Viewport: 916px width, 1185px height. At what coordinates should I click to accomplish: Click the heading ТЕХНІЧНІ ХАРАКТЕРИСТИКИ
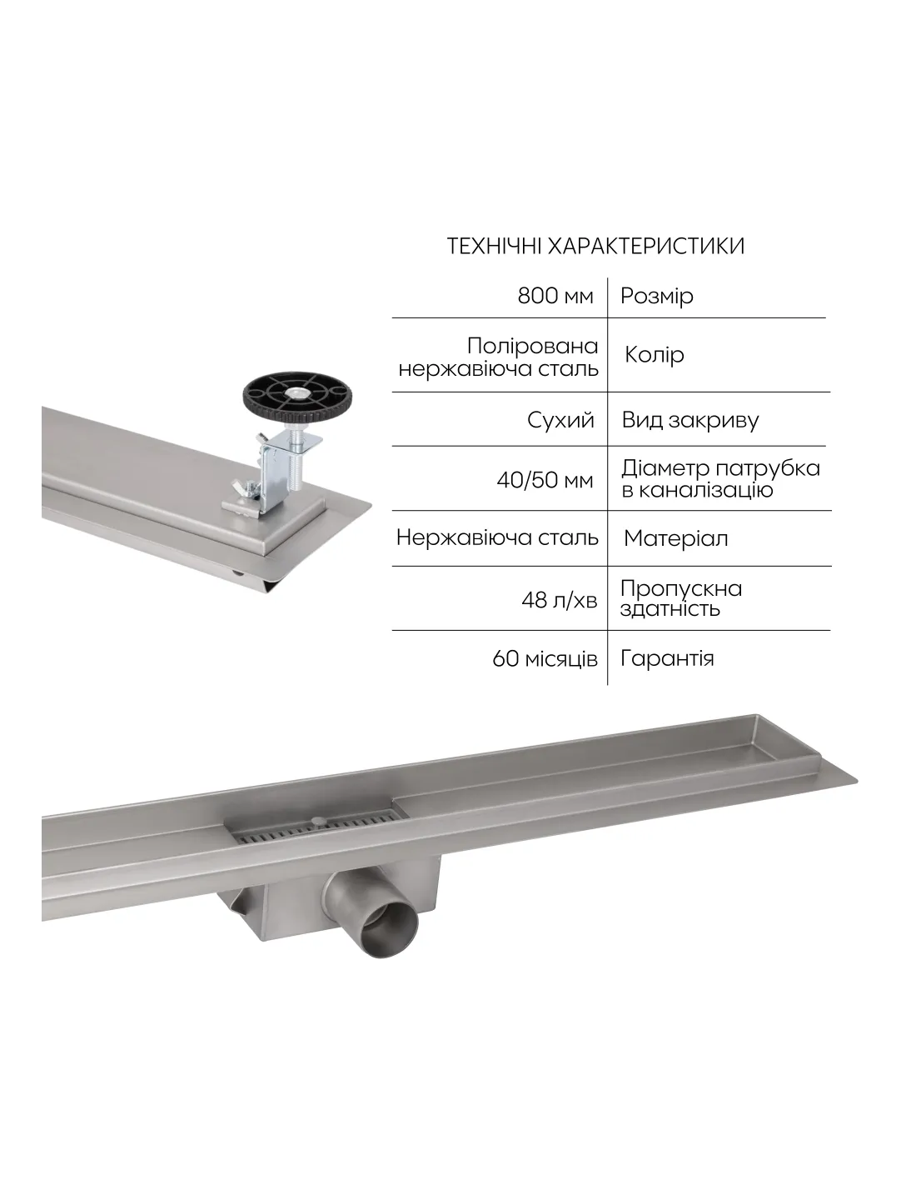point(595,247)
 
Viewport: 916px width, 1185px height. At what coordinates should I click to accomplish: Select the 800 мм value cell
point(555,296)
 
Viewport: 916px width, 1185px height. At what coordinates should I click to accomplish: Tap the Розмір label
point(657,297)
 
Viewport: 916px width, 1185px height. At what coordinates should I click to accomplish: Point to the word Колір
point(654,355)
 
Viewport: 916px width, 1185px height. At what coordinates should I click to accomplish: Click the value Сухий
point(560,420)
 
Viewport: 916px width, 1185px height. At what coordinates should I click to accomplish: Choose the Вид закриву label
point(690,421)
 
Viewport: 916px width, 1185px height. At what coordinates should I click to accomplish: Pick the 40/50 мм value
point(545,481)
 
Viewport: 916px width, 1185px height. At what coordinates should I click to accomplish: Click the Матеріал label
point(675,539)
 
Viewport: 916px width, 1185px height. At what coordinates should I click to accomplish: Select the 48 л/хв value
point(559,600)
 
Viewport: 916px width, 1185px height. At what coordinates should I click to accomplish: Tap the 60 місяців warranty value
point(545,659)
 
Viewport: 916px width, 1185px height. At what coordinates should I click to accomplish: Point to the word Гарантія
point(667,659)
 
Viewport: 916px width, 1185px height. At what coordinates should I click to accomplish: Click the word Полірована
point(532,347)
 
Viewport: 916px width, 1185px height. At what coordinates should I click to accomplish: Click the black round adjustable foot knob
point(297,397)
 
